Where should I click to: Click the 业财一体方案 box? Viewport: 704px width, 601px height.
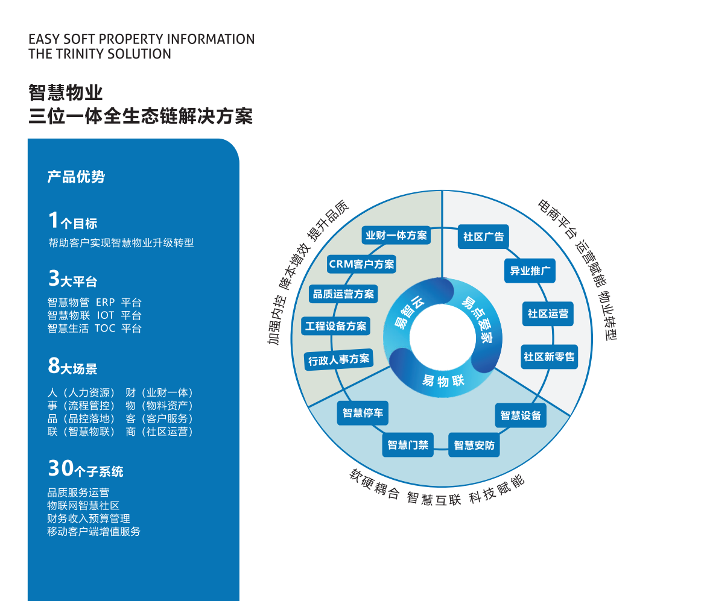pos(396,236)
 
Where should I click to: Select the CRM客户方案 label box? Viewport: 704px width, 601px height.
pos(361,264)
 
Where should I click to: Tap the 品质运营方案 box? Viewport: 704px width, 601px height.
pos(343,294)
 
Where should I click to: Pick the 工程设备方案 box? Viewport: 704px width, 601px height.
pos(336,326)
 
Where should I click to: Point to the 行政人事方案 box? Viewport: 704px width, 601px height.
pos(338,360)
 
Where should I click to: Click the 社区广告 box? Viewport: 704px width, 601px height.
pos(483,236)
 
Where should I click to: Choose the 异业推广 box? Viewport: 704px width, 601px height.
pos(530,271)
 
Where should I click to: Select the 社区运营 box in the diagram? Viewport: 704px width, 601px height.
pos(548,313)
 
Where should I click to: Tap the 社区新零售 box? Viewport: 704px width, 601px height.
pos(549,357)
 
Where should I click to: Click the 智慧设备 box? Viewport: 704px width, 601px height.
pos(521,415)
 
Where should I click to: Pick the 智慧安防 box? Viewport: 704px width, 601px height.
pos(474,445)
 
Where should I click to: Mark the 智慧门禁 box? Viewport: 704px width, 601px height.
pos(408,445)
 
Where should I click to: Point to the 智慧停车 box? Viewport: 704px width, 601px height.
pos(363,413)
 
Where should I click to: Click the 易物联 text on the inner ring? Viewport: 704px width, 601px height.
pos(443,381)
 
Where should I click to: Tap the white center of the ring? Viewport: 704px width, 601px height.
pos(442,338)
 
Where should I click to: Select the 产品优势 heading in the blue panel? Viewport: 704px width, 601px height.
pos(76,177)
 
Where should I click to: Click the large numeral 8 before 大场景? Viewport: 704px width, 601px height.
pos(54,365)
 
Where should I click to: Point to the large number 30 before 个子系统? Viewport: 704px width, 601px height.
pos(61,468)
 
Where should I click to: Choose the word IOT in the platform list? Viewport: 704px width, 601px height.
pos(106,315)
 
